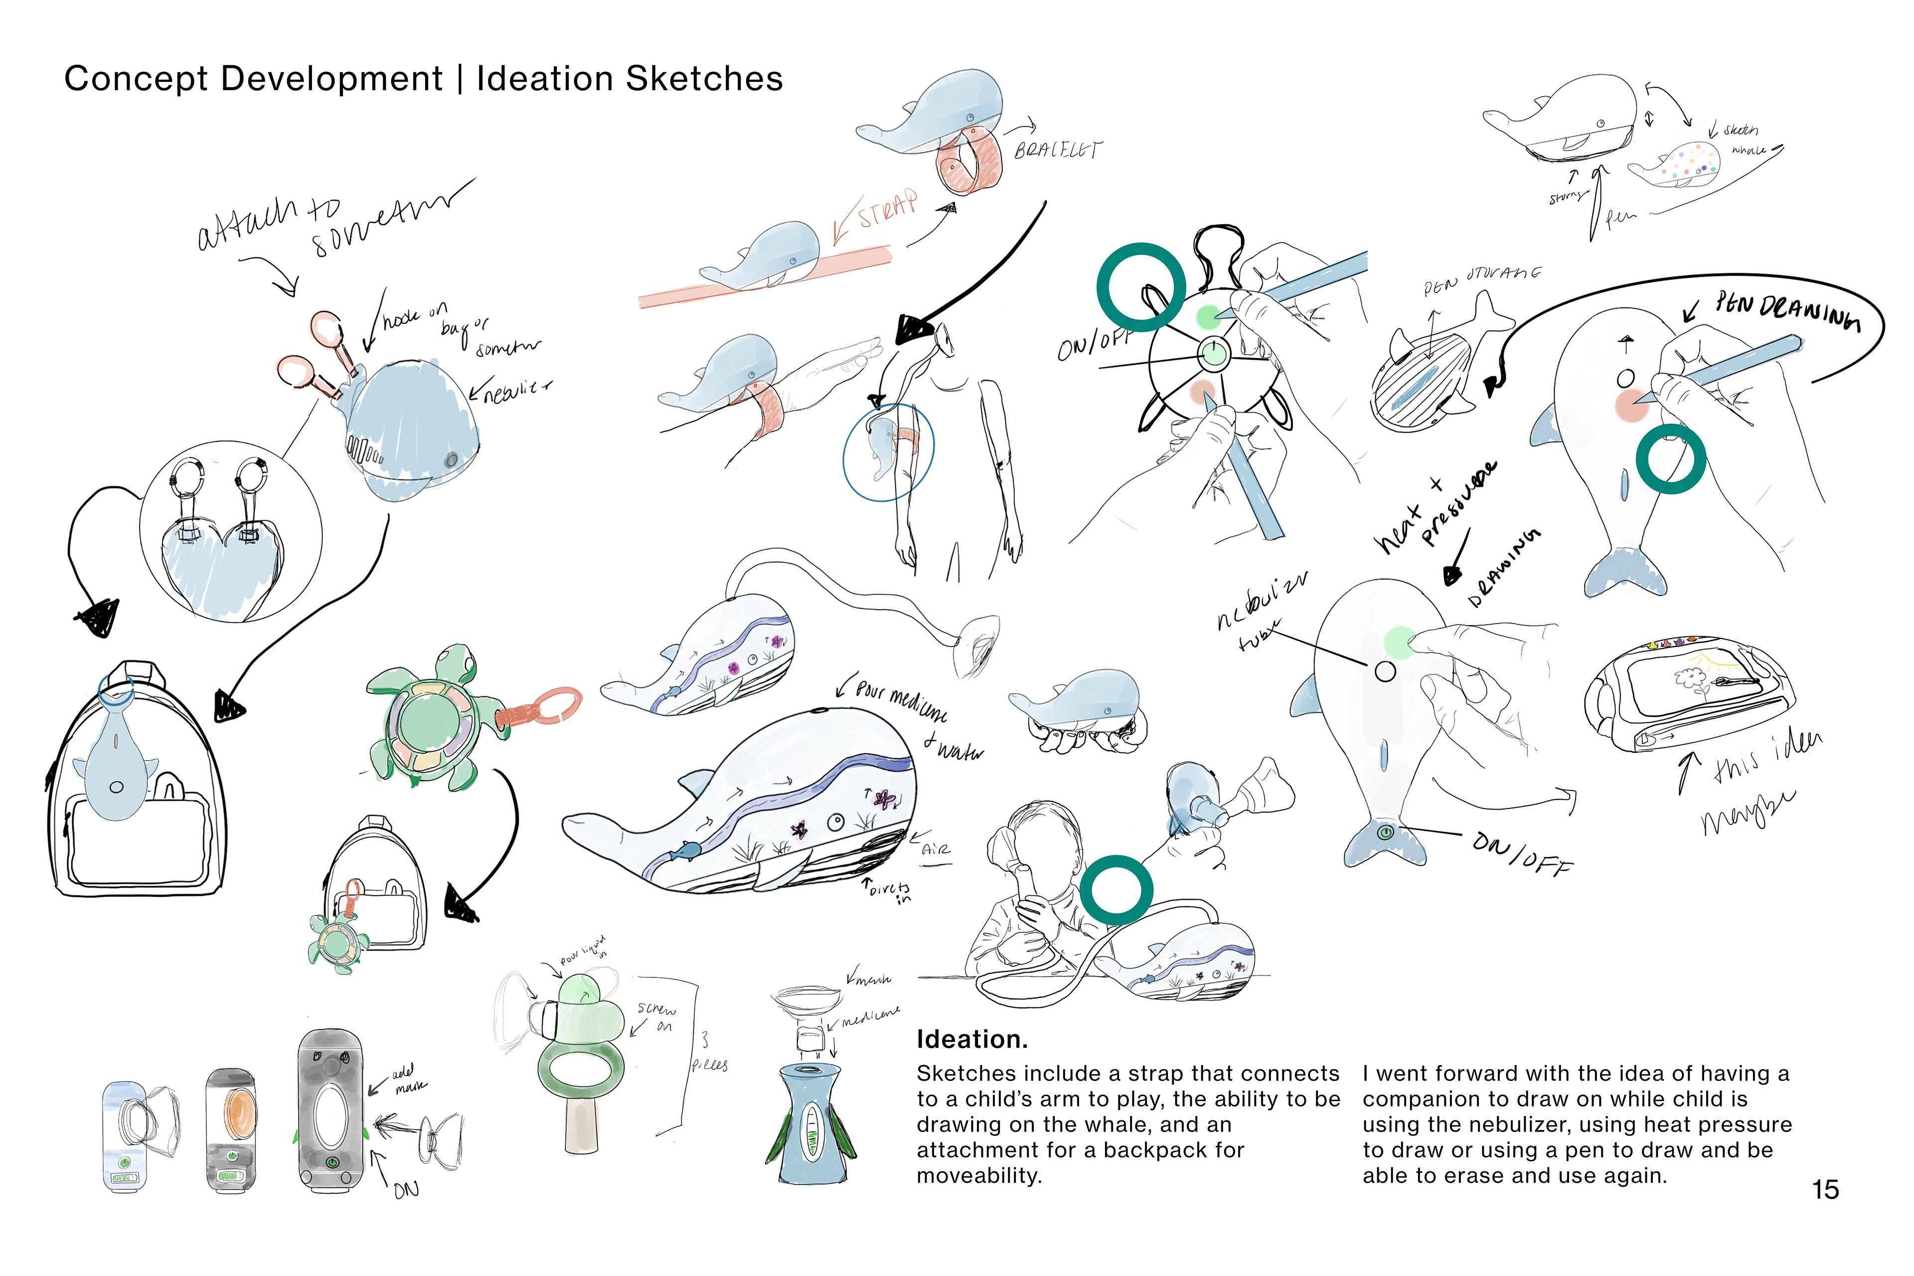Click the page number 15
tap(1825, 1190)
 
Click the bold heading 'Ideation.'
tap(971, 1039)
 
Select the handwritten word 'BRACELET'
tap(1058, 150)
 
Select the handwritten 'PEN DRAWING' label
tap(1786, 314)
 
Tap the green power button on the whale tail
tap(1385, 832)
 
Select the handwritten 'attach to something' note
tap(325, 220)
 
